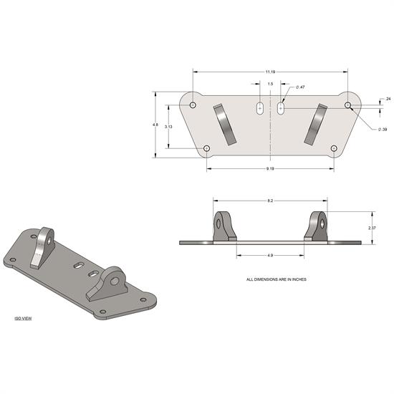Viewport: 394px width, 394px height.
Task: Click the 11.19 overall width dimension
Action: (269, 72)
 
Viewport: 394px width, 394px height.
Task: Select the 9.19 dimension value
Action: (269, 168)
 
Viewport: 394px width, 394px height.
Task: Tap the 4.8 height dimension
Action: (155, 125)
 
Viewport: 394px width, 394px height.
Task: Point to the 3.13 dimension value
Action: (168, 126)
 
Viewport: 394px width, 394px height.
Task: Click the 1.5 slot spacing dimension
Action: (269, 84)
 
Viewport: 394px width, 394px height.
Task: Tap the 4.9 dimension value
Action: (269, 254)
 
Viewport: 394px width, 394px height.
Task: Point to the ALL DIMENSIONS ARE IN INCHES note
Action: (276, 279)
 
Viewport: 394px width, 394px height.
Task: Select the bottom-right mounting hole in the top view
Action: (334, 148)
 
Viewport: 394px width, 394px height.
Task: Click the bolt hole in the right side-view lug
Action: (324, 222)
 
